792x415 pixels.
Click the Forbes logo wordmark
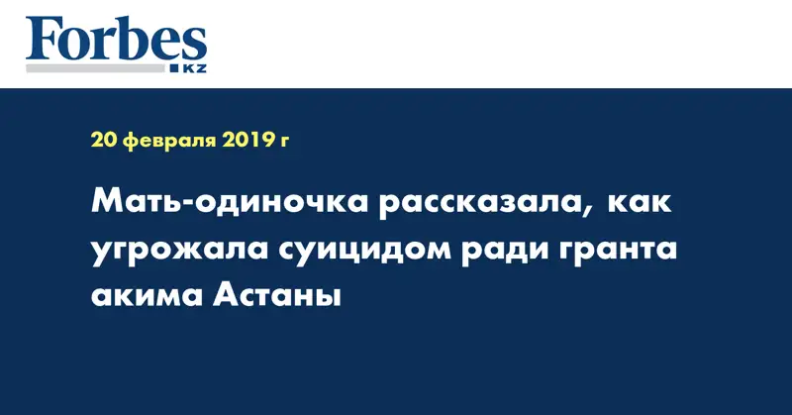(116, 39)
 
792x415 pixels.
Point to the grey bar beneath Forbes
(95, 68)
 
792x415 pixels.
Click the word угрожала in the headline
(179, 252)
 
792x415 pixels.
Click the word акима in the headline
(147, 296)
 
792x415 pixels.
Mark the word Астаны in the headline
(277, 295)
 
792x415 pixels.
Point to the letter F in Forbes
(42, 40)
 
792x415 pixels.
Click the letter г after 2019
(284, 142)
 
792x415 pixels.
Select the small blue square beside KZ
(174, 68)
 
